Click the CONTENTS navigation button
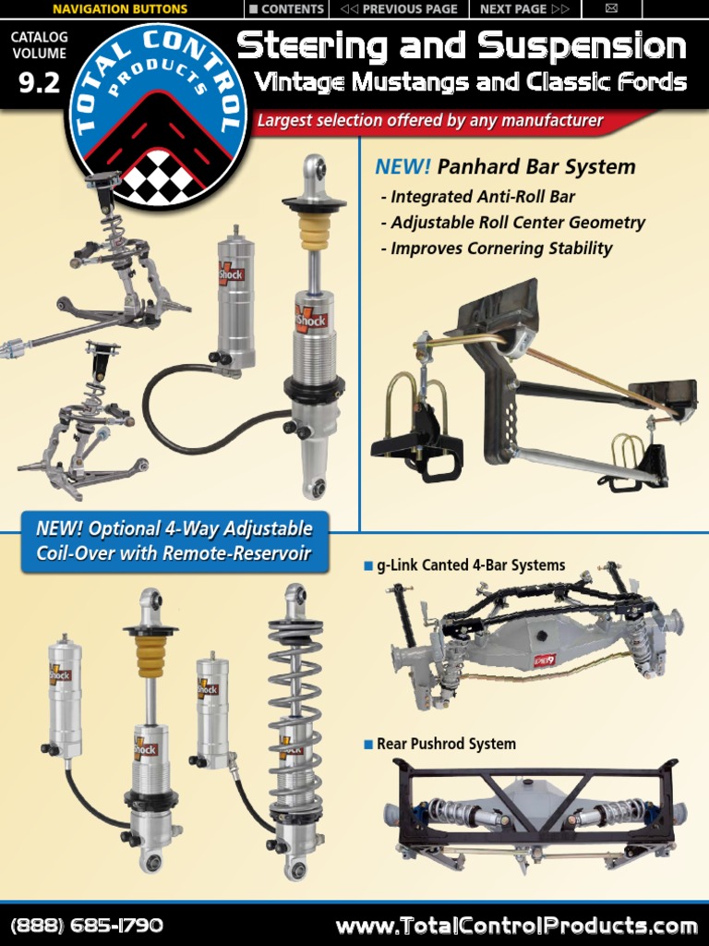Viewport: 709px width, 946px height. click(x=286, y=9)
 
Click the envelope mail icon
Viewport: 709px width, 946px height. click(x=611, y=9)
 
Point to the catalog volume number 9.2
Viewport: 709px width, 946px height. click(x=38, y=82)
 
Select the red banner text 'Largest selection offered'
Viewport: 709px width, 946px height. click(x=429, y=121)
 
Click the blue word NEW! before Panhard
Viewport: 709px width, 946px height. click(x=403, y=167)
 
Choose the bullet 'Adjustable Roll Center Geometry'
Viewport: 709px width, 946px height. click(x=512, y=223)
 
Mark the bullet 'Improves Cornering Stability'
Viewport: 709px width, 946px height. click(x=496, y=249)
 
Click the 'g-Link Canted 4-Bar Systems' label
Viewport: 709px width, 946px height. click(x=470, y=565)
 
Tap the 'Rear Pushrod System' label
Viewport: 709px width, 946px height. click(x=446, y=744)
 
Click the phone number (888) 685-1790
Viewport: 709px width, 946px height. click(x=87, y=925)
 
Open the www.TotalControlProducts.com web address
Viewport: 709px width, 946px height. click(x=516, y=925)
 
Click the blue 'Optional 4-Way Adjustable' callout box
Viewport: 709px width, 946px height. click(x=174, y=541)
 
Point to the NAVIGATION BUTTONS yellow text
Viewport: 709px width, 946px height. click(x=120, y=9)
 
